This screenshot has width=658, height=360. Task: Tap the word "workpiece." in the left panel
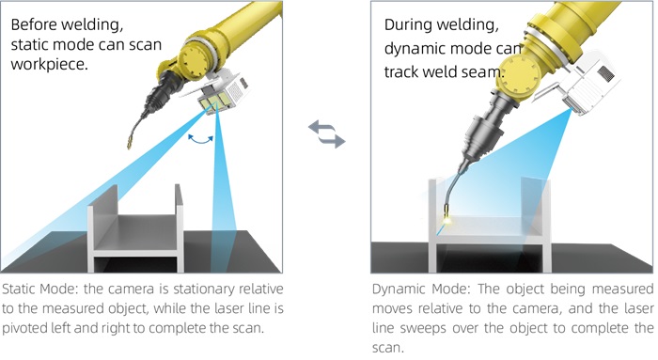click(x=50, y=64)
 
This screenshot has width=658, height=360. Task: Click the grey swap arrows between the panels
click(x=327, y=133)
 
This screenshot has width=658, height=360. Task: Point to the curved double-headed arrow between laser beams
click(x=200, y=140)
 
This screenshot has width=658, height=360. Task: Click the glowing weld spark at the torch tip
click(x=447, y=219)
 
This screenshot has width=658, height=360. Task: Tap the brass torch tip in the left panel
click(x=130, y=143)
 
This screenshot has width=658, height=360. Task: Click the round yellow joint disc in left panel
click(x=196, y=60)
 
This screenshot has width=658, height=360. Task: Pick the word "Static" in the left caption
click(x=19, y=290)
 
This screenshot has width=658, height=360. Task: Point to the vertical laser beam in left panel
click(x=223, y=193)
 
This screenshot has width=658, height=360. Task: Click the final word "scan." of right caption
click(x=388, y=349)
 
